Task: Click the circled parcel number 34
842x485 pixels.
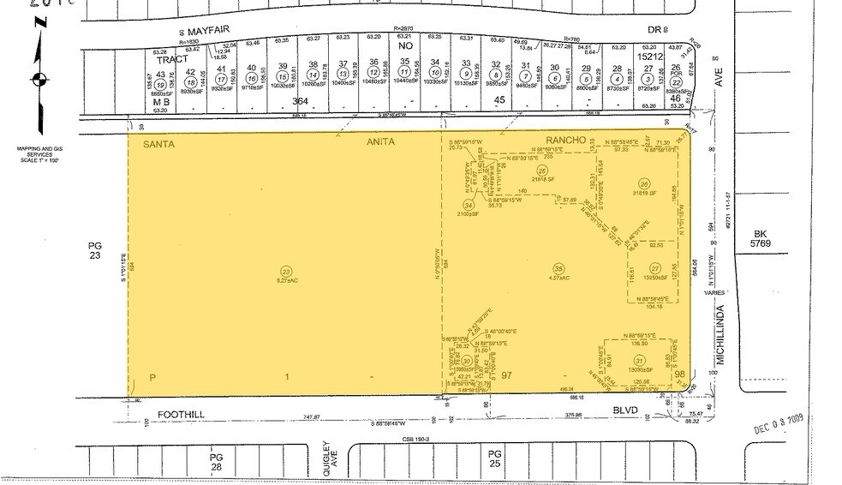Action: click(468, 205)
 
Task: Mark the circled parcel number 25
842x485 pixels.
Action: click(541, 171)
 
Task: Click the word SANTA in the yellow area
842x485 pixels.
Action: click(159, 143)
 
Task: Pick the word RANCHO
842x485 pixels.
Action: click(564, 140)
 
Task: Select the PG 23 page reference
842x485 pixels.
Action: click(95, 249)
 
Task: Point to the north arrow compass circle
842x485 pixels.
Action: click(37, 81)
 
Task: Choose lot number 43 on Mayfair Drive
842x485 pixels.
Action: click(159, 75)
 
